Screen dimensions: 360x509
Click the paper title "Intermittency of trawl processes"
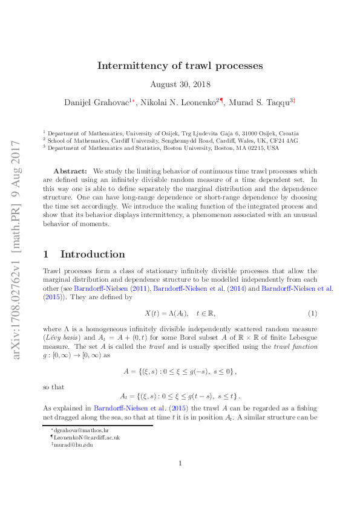[180, 65]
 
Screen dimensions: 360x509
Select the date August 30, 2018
[180, 85]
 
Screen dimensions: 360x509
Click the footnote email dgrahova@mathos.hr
[73, 429]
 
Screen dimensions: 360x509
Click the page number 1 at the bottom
[180, 481]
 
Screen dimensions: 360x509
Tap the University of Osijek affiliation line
[173, 133]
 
